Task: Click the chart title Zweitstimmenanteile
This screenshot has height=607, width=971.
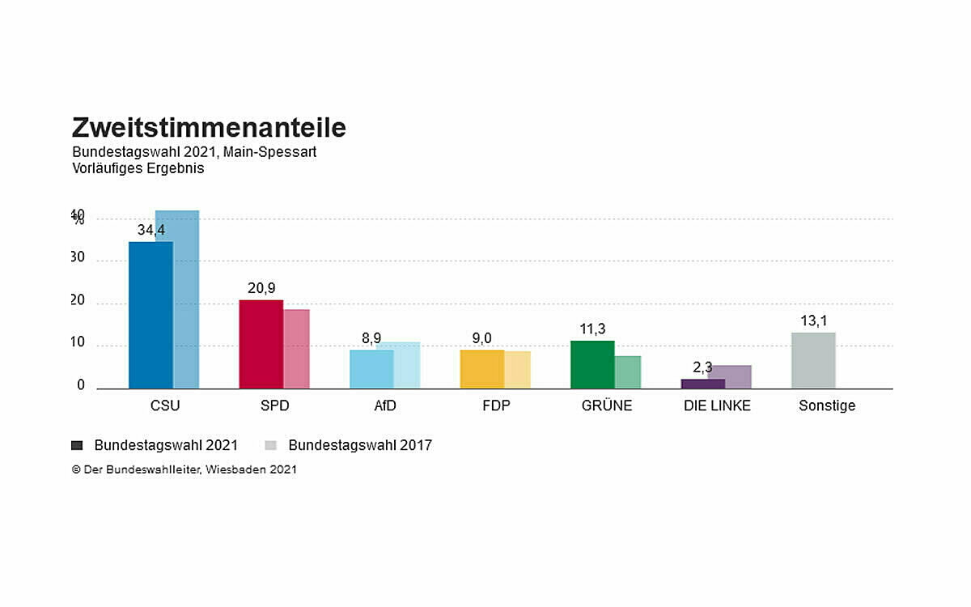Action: pyautogui.click(x=209, y=128)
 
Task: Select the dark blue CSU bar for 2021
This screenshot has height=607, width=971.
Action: pyautogui.click(x=151, y=315)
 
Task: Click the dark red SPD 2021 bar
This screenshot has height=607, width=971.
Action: pyautogui.click(x=261, y=344)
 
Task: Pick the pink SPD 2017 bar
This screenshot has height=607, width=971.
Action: pyautogui.click(x=296, y=349)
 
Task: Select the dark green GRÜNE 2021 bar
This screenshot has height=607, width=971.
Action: pyautogui.click(x=592, y=364)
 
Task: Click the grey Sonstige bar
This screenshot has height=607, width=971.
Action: pyautogui.click(x=813, y=360)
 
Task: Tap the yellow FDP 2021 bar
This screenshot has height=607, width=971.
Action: pyautogui.click(x=481, y=369)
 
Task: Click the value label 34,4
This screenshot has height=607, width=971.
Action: pyautogui.click(x=151, y=231)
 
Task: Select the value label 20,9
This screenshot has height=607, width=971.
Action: pyautogui.click(x=261, y=289)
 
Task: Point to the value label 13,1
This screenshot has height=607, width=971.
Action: pyautogui.click(x=813, y=321)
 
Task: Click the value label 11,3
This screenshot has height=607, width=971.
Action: pyautogui.click(x=592, y=329)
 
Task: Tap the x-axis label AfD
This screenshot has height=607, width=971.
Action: pyautogui.click(x=385, y=406)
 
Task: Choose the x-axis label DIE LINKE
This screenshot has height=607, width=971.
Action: pyautogui.click(x=717, y=406)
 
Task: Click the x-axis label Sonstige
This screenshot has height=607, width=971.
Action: pyautogui.click(x=827, y=406)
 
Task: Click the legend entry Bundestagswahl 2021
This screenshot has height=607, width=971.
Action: pyautogui.click(x=165, y=445)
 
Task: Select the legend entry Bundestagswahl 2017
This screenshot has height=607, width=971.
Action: pyautogui.click(x=359, y=445)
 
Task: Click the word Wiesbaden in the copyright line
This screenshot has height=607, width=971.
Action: pyautogui.click(x=235, y=469)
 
